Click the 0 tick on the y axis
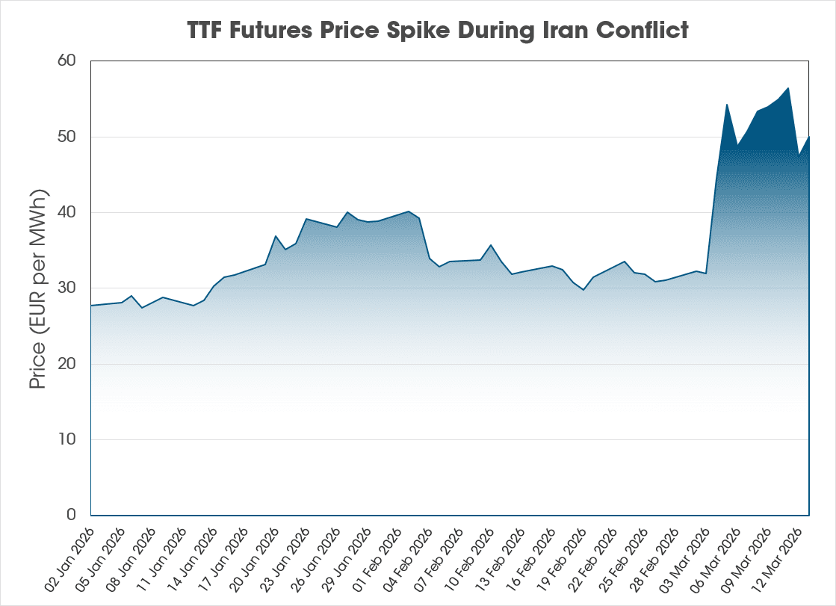pyautogui.click(x=72, y=515)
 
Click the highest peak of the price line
pyautogui.click(x=788, y=88)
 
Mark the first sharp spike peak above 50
pyautogui.click(x=727, y=105)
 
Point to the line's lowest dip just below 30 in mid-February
pyautogui.click(x=583, y=289)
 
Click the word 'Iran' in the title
pyautogui.click(x=572, y=31)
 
